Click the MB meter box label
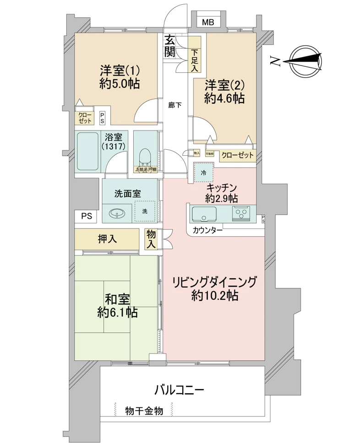point(208,22)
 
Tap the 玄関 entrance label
point(170,46)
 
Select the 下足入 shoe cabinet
point(195,60)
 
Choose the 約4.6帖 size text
point(224,98)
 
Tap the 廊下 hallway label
point(175,105)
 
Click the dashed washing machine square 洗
point(145,212)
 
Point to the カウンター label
point(207,230)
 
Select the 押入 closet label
point(106,239)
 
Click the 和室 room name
point(118,300)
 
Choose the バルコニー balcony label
point(179,390)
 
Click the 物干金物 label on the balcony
point(144,411)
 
